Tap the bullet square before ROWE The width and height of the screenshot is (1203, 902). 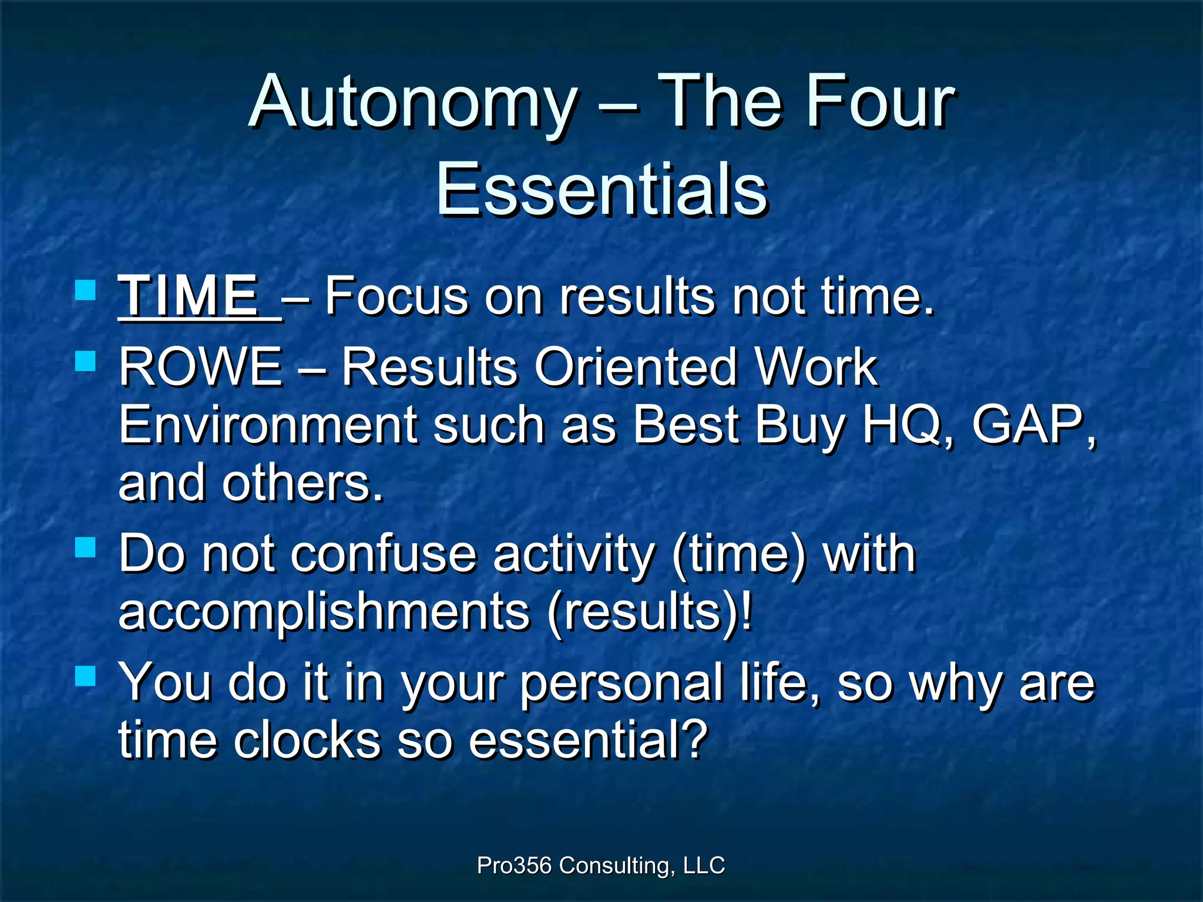86,361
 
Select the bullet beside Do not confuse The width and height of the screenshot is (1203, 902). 86,548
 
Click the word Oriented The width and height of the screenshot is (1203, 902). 635,367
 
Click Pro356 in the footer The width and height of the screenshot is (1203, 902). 514,865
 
